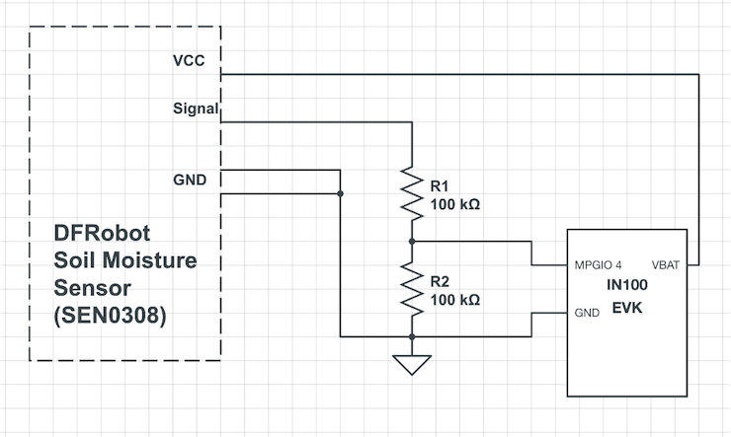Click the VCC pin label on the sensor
[189, 59]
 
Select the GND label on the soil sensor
[190, 180]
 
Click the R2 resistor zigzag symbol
[411, 289]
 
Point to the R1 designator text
[440, 185]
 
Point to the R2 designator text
[440, 281]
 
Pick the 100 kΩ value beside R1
[454, 205]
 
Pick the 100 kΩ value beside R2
[454, 300]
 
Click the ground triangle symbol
[411, 365]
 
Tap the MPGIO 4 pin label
[598, 265]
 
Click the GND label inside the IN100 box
[585, 314]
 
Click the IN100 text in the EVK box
[627, 285]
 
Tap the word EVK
[627, 308]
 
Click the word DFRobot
[102, 236]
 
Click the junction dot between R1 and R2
[411, 241]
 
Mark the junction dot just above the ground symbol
[411, 337]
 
